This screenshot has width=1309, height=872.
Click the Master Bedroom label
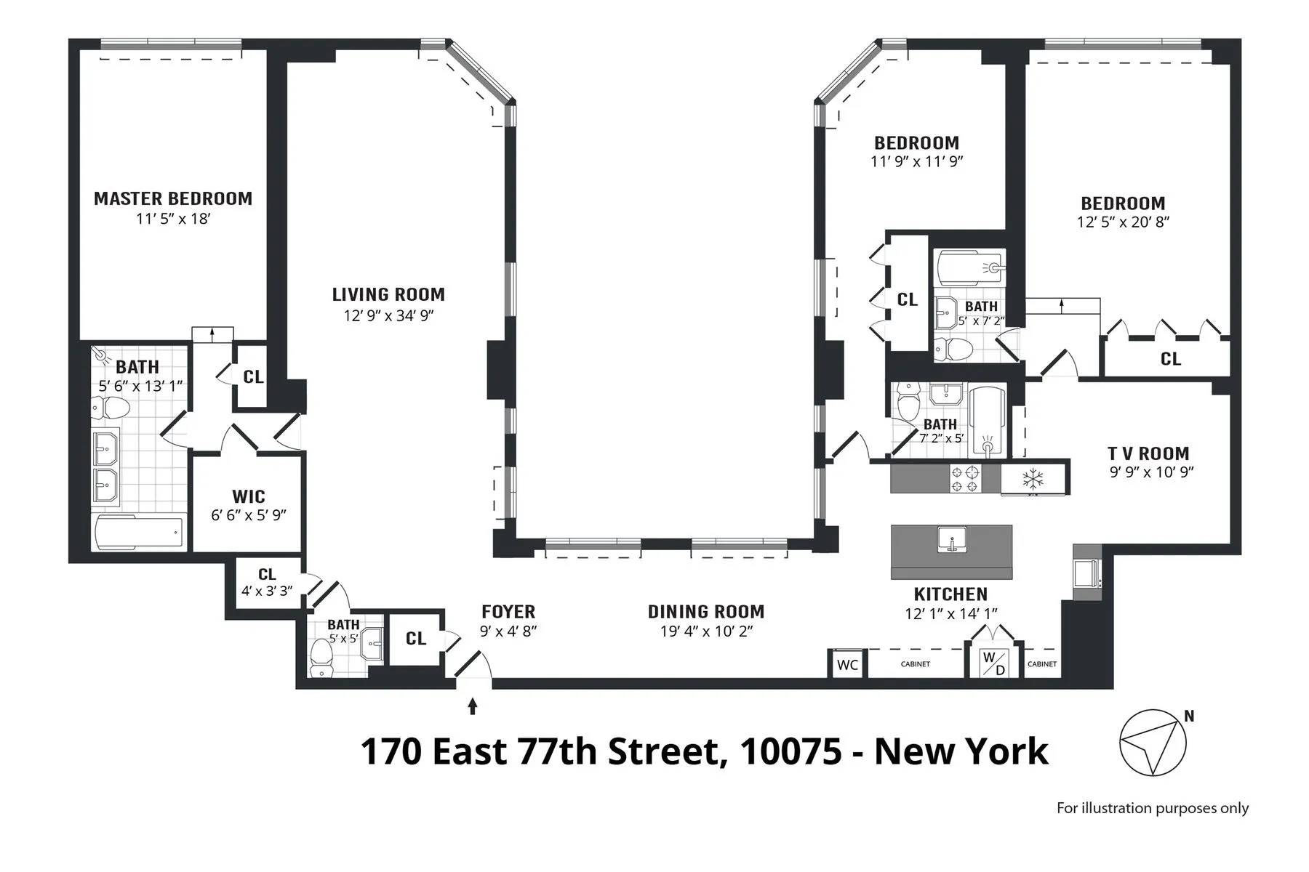coord(173,198)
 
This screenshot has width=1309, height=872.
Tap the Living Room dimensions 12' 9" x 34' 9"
coord(388,315)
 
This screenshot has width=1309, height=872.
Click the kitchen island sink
coord(951,541)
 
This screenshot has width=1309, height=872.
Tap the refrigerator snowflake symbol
coord(1033,479)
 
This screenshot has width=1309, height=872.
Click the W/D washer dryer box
coord(994,663)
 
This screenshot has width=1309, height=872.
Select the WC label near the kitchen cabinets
coord(848,665)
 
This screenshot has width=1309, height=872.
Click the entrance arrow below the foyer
coord(473,706)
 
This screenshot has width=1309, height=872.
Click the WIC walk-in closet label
coord(248,497)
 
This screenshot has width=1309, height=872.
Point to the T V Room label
coord(1148,453)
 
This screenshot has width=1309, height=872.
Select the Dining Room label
coord(705,612)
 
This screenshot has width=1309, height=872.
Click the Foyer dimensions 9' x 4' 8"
coord(508,631)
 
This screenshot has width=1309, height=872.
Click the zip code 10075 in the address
coord(790,751)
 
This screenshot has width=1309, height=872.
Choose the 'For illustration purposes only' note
coord(1152,808)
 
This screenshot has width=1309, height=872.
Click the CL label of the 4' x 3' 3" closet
coord(267,574)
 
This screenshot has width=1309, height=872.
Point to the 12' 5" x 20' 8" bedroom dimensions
coord(1123,222)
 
